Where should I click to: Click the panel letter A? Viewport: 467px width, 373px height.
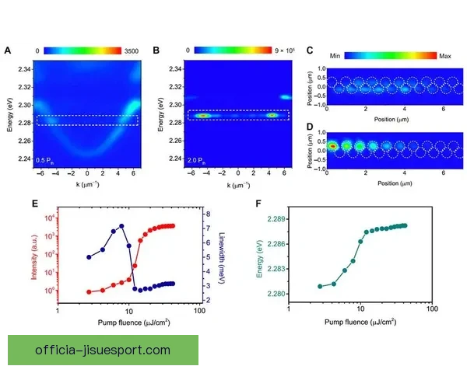coord(8,51)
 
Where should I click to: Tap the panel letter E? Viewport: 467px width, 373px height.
coord(8,204)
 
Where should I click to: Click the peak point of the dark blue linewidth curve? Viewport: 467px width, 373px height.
coord(121,226)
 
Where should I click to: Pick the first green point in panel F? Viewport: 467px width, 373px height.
coord(319,286)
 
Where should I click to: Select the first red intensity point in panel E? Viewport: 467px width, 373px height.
coord(89,292)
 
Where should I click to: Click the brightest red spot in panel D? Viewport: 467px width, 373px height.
coord(332,145)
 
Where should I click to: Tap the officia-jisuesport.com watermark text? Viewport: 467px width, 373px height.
coord(103,350)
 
